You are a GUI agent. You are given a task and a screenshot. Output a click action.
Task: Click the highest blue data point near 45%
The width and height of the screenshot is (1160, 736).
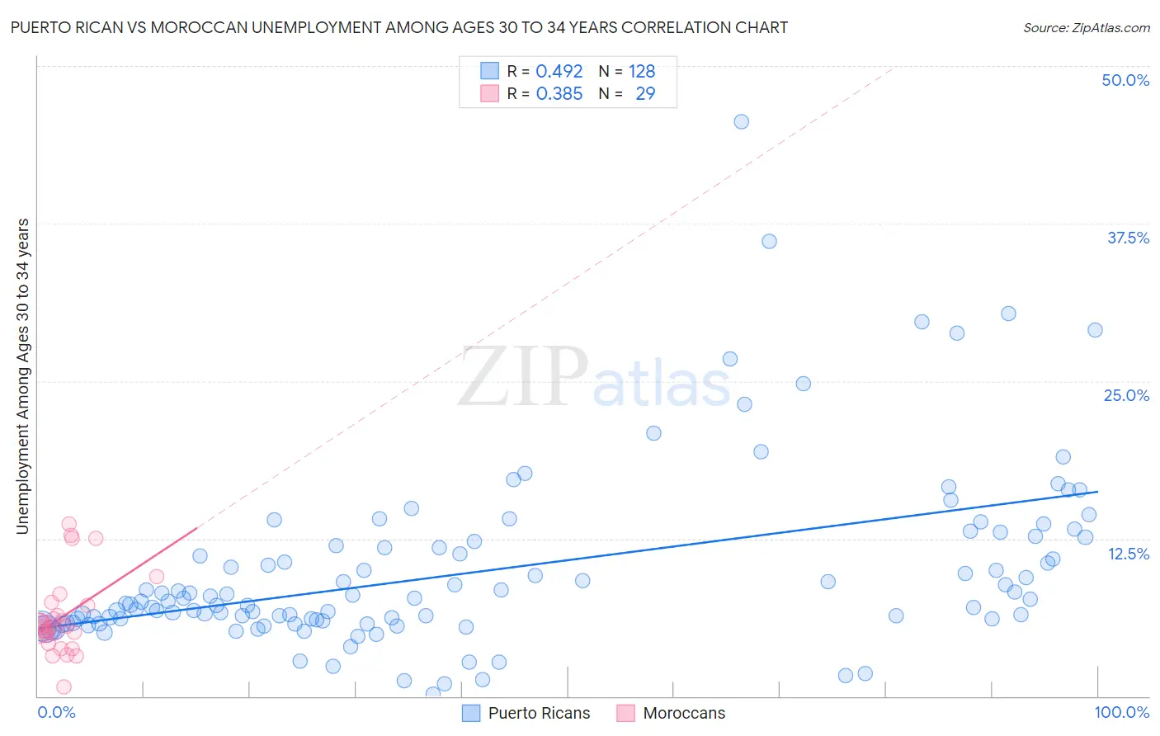click(741, 121)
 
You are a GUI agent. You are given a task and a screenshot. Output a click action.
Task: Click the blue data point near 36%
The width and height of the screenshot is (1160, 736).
click(769, 241)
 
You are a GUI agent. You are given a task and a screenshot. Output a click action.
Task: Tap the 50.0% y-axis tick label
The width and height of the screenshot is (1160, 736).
click(1125, 80)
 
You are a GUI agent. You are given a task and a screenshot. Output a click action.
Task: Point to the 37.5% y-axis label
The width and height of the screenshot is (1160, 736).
click(1128, 238)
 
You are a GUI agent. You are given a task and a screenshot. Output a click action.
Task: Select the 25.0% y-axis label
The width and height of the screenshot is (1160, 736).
click(1126, 395)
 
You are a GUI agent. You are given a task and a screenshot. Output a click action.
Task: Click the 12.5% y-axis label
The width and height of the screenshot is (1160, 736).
click(1128, 554)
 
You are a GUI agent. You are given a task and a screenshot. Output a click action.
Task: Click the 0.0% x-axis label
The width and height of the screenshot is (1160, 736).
click(56, 712)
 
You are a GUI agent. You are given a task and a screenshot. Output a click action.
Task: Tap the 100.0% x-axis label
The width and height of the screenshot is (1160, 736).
click(1121, 712)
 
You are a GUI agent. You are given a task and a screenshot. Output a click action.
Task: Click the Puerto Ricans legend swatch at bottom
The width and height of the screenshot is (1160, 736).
click(471, 713)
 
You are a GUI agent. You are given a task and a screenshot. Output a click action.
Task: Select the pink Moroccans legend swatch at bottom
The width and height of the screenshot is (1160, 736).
click(625, 713)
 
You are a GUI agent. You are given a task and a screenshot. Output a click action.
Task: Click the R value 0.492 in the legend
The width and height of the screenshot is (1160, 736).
click(559, 72)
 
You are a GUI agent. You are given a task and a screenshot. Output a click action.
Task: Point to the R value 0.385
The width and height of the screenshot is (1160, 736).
click(559, 94)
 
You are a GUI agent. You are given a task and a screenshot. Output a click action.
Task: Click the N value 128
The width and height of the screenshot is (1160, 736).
click(642, 72)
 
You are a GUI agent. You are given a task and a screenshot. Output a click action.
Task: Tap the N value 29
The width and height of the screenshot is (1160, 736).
click(645, 94)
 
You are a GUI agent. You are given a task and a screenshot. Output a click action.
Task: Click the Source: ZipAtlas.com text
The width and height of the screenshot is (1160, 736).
click(1086, 28)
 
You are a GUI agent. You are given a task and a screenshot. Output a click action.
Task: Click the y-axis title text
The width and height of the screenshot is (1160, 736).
click(23, 376)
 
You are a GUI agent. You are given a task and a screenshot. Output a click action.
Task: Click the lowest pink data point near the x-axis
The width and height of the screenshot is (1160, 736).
click(64, 686)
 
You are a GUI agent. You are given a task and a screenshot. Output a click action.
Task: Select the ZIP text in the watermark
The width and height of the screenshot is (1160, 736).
click(523, 376)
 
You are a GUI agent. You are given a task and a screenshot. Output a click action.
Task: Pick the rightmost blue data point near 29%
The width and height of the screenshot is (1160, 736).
click(1095, 330)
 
